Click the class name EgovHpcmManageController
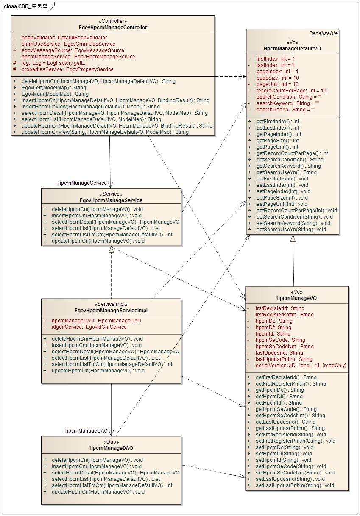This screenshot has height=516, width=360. coord(113,28)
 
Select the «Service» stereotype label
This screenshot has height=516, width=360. coord(111,194)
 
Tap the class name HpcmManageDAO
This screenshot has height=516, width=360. coord(111,448)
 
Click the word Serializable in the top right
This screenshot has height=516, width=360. coord(323,33)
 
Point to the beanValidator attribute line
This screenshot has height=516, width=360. coord(64,38)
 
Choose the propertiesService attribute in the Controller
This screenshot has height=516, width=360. coord(67,69)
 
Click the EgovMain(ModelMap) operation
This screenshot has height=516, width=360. coord(55,94)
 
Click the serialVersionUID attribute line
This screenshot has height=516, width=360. coord(301,366)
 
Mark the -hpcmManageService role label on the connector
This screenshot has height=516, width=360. coord(82,183)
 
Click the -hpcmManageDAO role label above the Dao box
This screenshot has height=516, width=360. coord(86,431)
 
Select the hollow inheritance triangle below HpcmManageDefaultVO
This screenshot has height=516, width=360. coord(293,239)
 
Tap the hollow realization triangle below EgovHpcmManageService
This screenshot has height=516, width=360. coord(111,250)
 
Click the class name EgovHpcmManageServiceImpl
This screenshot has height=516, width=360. coord(111,311)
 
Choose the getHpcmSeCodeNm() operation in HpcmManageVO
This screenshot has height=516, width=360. coord(290,416)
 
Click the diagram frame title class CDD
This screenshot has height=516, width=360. coord(25,6)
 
